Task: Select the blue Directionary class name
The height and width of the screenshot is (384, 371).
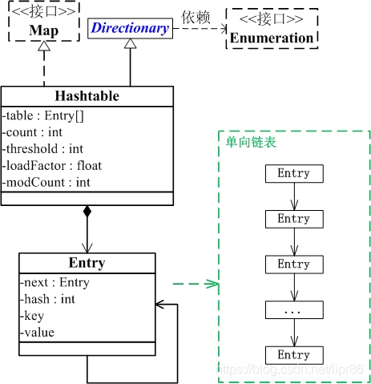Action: (130, 29)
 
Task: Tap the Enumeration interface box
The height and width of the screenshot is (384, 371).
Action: (272, 30)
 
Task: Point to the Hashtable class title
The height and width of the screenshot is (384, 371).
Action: (87, 96)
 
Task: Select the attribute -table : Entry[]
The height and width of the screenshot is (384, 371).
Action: (41, 115)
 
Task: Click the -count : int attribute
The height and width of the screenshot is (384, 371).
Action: (33, 131)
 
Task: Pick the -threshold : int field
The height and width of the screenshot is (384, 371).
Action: (43, 148)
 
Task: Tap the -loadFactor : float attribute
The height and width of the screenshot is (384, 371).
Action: (52, 165)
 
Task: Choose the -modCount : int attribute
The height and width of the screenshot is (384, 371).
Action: (46, 182)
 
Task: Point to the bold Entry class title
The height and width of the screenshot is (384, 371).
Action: (87, 263)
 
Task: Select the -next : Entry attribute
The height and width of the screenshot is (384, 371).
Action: (46, 282)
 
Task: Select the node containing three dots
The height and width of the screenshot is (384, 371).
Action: (293, 309)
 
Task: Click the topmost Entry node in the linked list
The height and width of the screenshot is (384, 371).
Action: (293, 173)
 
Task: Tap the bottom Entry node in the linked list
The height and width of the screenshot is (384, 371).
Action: (293, 355)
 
